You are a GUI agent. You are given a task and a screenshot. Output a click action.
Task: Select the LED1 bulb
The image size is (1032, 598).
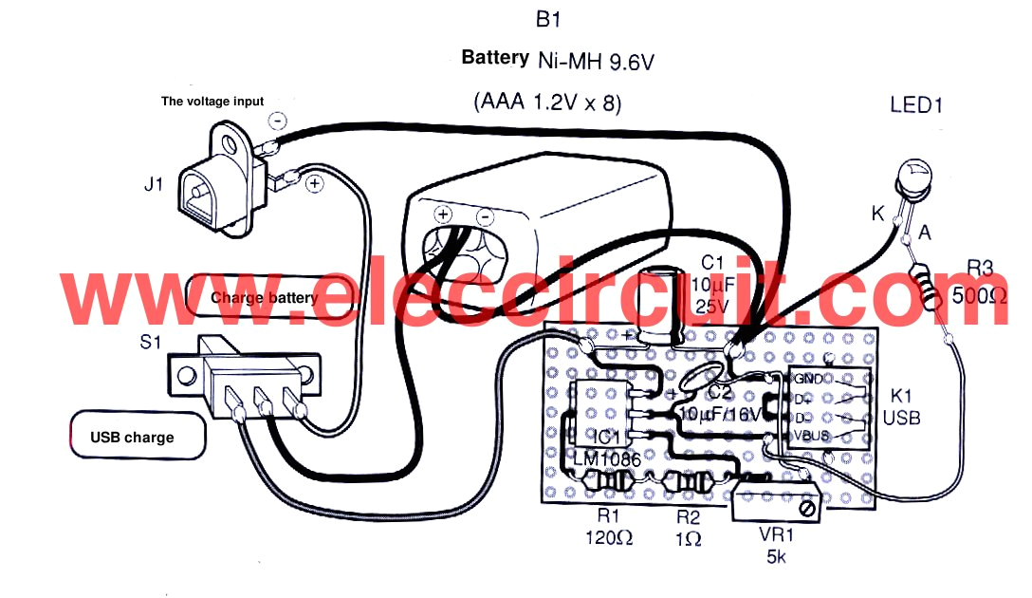coord(917,178)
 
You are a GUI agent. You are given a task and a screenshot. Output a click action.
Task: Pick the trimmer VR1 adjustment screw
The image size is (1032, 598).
coord(807,510)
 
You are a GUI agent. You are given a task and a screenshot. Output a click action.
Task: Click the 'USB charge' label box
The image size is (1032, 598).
coord(137,438)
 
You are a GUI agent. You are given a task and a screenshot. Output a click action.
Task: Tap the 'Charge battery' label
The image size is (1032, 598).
coord(265,297)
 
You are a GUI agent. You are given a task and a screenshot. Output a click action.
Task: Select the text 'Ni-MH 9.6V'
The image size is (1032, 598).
coord(597,61)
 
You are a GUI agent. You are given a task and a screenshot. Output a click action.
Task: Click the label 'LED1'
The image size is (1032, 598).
coord(916,105)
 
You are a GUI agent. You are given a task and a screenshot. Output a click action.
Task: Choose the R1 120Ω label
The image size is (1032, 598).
coord(608,528)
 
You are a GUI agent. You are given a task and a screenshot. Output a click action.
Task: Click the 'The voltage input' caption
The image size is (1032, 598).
coord(212,101)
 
